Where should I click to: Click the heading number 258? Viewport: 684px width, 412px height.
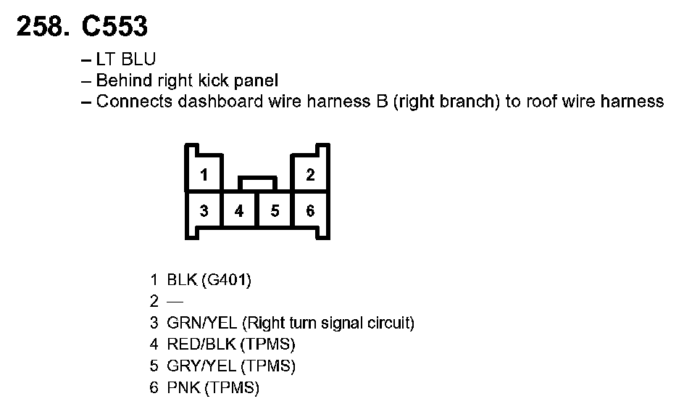point(42,27)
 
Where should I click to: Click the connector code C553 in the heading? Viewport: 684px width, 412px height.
point(114,27)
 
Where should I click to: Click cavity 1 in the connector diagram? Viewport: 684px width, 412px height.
point(205,175)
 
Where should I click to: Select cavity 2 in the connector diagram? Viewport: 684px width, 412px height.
point(310,175)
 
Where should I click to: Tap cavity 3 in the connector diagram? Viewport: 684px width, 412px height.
point(205,211)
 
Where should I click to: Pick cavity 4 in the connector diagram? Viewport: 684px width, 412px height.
point(240,211)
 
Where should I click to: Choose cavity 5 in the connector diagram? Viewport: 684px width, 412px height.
point(275,211)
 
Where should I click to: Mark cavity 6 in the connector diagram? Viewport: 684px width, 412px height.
point(310,211)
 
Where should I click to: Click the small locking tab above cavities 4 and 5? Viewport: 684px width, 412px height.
point(257,182)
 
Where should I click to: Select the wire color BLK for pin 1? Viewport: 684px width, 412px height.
point(181,279)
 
